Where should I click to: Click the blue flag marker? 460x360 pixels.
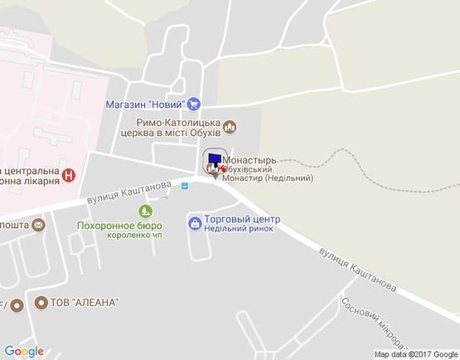pyautogui.click(x=214, y=158)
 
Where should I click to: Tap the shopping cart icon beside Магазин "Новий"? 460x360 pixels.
pyautogui.click(x=194, y=104)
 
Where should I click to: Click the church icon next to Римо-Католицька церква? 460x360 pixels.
pyautogui.click(x=230, y=126)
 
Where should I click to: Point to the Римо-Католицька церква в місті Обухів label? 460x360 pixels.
pyautogui.click(x=170, y=126)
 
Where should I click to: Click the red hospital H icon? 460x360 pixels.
pyautogui.click(x=70, y=175)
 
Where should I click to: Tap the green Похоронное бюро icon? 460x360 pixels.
pyautogui.click(x=146, y=211)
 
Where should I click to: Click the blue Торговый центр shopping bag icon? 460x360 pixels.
pyautogui.click(x=194, y=222)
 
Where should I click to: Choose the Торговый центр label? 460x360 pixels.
pyautogui.click(x=242, y=219)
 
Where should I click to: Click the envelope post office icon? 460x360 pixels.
pyautogui.click(x=38, y=224)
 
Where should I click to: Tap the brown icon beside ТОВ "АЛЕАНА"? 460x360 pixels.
pyautogui.click(x=41, y=302)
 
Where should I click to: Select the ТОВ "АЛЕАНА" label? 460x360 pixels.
pyautogui.click(x=86, y=302)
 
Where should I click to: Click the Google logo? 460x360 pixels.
pyautogui.click(x=23, y=351)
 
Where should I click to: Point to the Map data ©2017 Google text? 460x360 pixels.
pyautogui.click(x=415, y=354)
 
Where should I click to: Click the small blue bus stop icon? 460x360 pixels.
pyautogui.click(x=185, y=186)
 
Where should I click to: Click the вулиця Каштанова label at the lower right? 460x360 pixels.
pyautogui.click(x=357, y=269)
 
